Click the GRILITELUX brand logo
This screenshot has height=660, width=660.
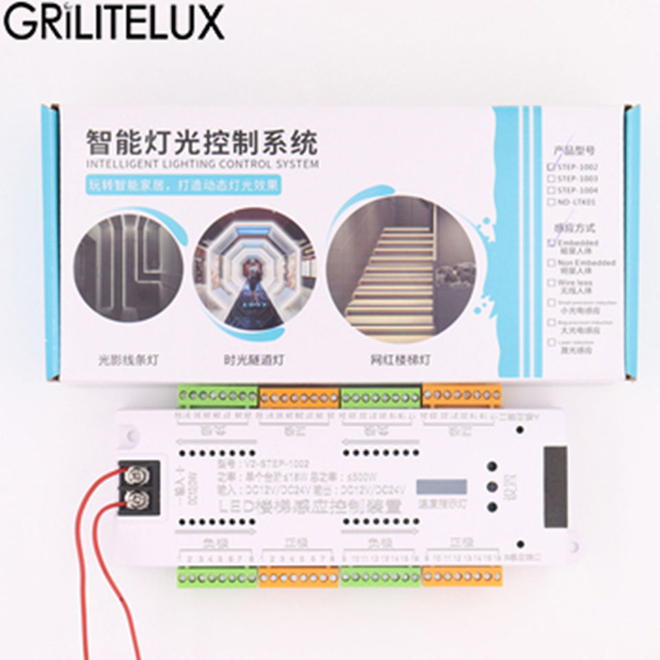[114, 22]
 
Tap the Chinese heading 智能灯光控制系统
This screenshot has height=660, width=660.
[201, 143]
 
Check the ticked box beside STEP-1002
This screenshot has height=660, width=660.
[551, 166]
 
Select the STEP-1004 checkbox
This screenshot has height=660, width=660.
[551, 190]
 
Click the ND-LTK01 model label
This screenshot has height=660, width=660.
[577, 201]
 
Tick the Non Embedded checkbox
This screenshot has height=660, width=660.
[551, 263]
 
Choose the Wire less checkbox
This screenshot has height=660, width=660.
[551, 283]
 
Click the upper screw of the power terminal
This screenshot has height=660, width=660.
[137, 474]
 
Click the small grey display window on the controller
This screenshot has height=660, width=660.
[441, 487]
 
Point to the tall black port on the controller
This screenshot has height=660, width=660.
[555, 487]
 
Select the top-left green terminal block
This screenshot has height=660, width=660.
[218, 397]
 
